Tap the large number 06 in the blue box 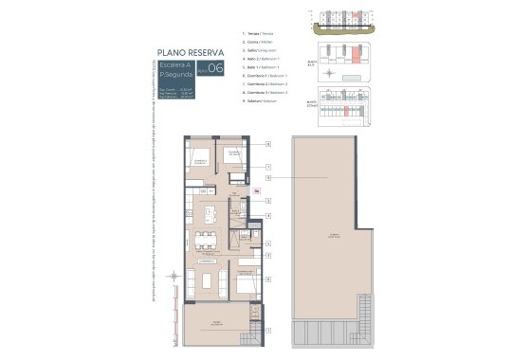pyautogui.click(x=216, y=68)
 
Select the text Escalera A pyautogui.click(x=174, y=64)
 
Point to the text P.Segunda pyautogui.click(x=174, y=74)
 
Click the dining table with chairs pyautogui.click(x=205, y=241)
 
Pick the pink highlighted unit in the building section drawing pyautogui.click(x=350, y=16)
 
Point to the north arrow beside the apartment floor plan pyautogui.click(x=172, y=277)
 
